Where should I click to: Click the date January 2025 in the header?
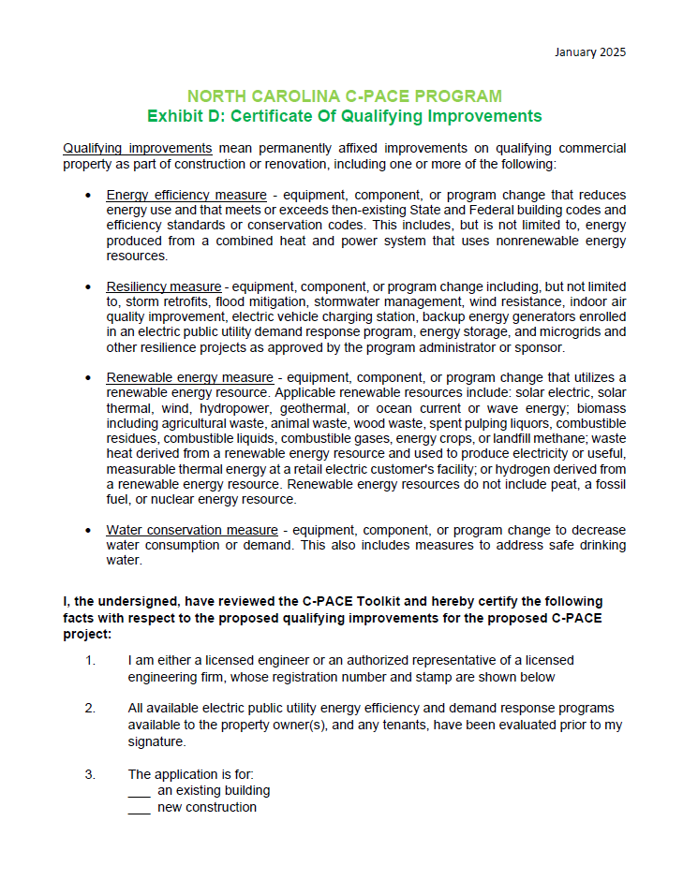tap(590, 51)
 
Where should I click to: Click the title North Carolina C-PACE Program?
tap(344, 96)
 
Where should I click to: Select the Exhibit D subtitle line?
tap(344, 117)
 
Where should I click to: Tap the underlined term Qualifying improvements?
tap(138, 149)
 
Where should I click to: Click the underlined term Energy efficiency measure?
tap(186, 195)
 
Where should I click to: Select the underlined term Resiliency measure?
tap(164, 286)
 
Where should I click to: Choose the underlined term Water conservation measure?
tap(192, 529)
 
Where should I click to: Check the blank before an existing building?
tap(139, 791)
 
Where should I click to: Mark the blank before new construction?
tap(139, 808)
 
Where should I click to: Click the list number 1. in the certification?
tap(90, 661)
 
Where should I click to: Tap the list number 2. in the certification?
tap(90, 708)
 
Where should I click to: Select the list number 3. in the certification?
tap(90, 774)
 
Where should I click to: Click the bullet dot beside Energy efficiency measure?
tap(87, 196)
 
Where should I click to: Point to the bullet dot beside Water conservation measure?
tap(87, 530)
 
